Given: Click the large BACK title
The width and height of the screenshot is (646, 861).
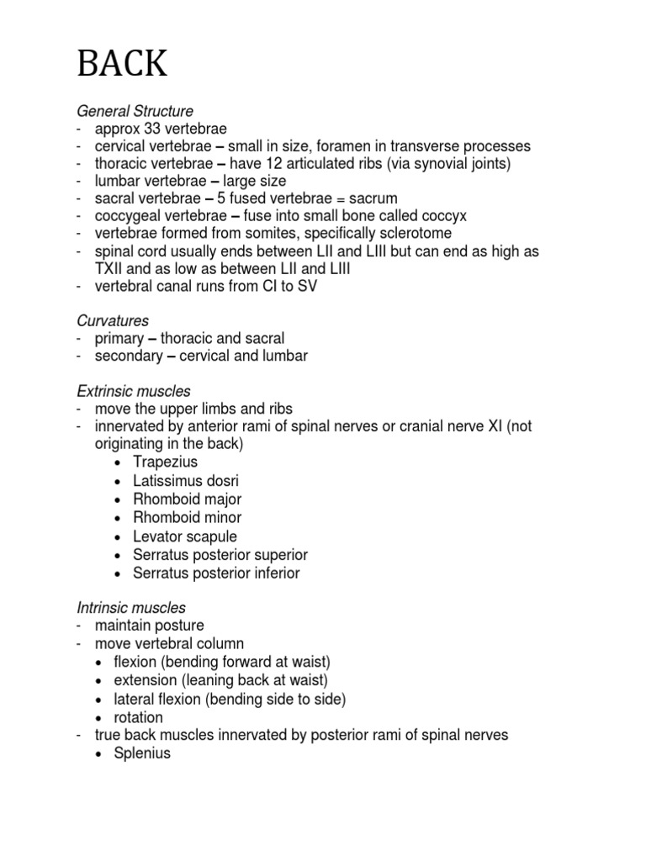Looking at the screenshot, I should pyautogui.click(x=122, y=64).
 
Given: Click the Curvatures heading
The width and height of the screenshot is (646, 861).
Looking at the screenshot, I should pyautogui.click(x=113, y=321).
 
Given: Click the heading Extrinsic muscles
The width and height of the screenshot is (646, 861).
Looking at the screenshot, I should pyautogui.click(x=134, y=391).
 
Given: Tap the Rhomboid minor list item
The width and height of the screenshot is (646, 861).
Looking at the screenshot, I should pyautogui.click(x=187, y=517).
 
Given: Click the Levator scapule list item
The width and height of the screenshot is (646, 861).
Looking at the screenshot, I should pyautogui.click(x=185, y=536).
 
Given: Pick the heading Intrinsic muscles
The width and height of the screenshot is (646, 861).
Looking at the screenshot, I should pyautogui.click(x=131, y=607).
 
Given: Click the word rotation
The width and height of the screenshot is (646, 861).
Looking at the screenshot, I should pyautogui.click(x=139, y=717).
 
